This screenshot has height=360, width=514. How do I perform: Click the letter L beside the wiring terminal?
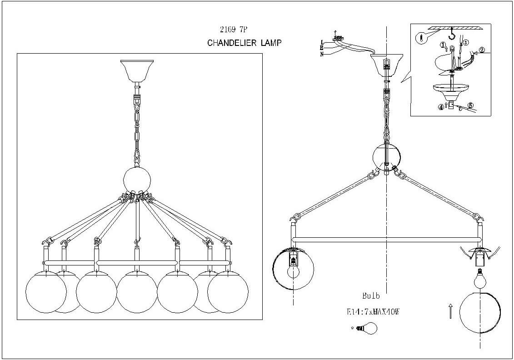click(x=322, y=42)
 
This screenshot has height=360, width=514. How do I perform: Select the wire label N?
click(x=322, y=55)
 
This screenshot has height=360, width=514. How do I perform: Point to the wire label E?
click(x=322, y=48)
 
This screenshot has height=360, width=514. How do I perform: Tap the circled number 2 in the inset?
click(x=482, y=50)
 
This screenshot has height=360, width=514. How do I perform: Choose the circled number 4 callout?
click(x=440, y=107)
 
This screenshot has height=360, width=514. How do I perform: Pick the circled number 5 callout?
click(x=470, y=106)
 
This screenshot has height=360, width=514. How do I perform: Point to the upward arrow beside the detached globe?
click(x=450, y=312)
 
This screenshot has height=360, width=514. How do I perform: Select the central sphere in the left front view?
click(x=137, y=180)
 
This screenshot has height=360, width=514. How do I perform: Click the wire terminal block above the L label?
click(x=338, y=39)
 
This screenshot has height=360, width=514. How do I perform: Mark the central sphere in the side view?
click(x=387, y=156)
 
